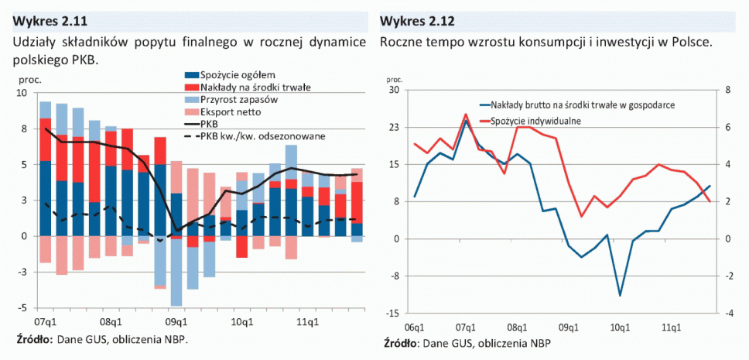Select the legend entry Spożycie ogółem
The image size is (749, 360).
[x=233, y=74]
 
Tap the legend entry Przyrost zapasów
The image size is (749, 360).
[x=238, y=99]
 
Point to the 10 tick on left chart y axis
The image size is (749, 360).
[x=22, y=93]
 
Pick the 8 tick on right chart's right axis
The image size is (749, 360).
[x=727, y=91]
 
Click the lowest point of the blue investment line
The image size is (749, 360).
[x=620, y=296]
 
